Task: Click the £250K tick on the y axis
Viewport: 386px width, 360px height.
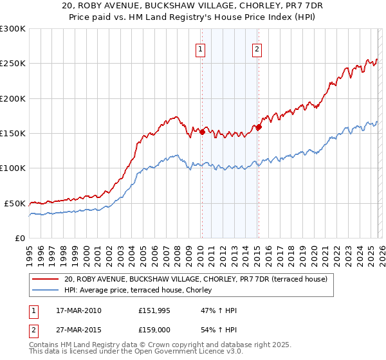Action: (12, 64)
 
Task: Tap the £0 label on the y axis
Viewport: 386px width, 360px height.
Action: (21, 238)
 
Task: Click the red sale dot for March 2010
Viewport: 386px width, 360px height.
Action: (202, 132)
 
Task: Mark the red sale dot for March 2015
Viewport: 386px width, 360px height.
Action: (259, 127)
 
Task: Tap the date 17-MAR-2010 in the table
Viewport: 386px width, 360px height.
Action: (78, 310)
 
